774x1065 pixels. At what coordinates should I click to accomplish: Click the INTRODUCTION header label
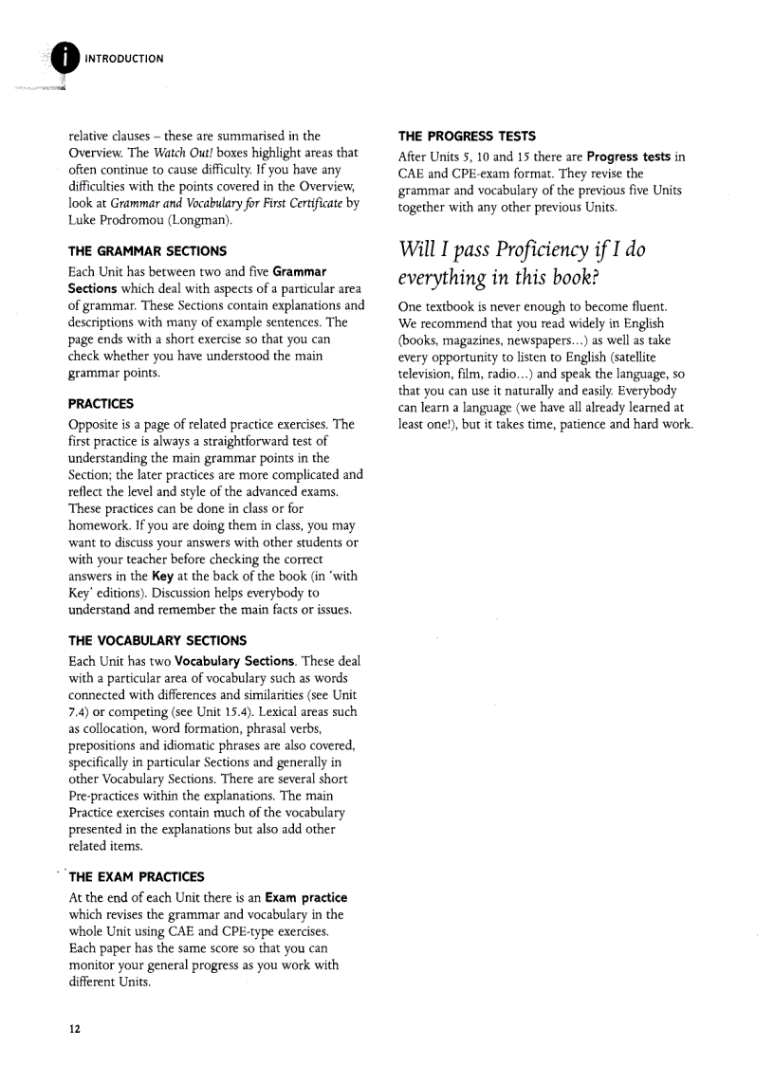(124, 59)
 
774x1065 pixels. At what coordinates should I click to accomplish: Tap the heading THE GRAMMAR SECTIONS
(148, 251)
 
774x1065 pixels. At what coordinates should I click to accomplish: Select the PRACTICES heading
(101, 404)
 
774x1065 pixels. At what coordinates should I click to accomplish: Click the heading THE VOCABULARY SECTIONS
(157, 640)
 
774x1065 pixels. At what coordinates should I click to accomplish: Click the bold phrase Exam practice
(306, 897)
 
